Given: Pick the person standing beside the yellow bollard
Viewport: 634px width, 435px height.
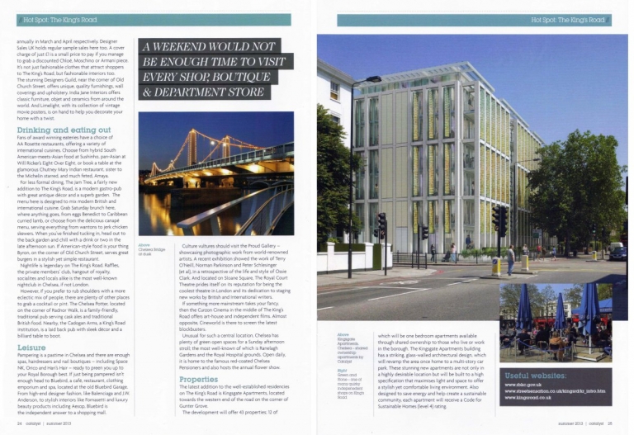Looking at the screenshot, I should point(510,261).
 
